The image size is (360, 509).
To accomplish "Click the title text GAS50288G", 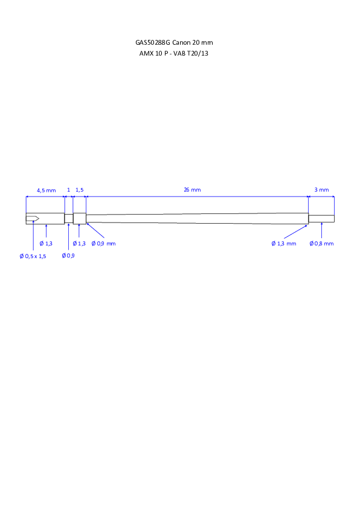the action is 152,42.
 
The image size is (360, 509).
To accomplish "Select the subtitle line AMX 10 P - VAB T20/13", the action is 174,54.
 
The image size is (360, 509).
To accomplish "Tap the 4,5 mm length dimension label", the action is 46,190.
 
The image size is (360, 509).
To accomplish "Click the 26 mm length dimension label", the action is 192,190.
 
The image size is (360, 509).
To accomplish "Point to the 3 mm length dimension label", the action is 322,190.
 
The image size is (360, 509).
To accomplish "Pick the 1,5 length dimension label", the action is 80,190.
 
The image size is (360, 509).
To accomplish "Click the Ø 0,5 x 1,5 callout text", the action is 33,256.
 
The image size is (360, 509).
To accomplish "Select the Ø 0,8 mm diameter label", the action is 321,244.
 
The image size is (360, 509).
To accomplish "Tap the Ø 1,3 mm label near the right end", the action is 284,244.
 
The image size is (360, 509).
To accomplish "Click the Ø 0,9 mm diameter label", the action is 103,244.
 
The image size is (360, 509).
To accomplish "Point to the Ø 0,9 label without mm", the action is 68,256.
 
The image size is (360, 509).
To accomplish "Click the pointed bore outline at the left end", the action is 33,218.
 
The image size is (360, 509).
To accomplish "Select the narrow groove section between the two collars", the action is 69,218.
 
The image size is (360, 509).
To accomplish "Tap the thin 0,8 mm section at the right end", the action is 321,218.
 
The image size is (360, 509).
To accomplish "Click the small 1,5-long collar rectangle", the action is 80,218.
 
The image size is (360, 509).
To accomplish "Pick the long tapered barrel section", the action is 197,218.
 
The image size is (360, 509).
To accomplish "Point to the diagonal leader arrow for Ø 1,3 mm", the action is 295,232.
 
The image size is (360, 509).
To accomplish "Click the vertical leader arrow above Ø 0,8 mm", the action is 321,230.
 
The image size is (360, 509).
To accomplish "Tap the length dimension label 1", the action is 68,190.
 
